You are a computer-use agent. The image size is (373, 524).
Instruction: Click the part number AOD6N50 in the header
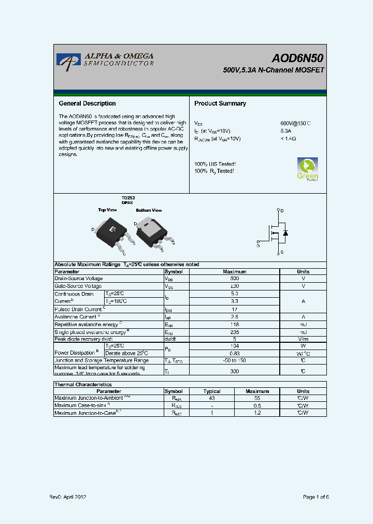click(x=298, y=59)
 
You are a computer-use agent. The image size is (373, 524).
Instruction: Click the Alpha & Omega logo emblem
click(x=66, y=60)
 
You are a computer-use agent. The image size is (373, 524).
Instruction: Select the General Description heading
click(x=87, y=104)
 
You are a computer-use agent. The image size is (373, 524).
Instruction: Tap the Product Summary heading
click(x=220, y=104)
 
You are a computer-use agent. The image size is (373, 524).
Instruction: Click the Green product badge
click(x=307, y=169)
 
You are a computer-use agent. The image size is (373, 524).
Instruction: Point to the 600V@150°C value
click(x=295, y=123)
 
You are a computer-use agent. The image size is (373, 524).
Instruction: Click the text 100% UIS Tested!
click(x=214, y=164)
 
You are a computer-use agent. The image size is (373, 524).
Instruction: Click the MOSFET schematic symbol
click(x=275, y=232)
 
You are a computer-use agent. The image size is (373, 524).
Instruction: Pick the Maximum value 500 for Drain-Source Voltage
click(x=234, y=279)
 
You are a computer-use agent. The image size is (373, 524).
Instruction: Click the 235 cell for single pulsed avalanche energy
click(x=234, y=331)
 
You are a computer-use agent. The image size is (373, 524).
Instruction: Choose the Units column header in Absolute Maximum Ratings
click(x=303, y=271)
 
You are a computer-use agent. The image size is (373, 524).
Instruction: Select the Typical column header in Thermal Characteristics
click(x=212, y=391)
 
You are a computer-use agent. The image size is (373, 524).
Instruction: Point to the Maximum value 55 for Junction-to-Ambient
click(x=257, y=398)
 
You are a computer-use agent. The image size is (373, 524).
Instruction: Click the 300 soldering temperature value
click(x=234, y=371)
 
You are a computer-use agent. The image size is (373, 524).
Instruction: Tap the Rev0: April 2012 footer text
click(x=67, y=497)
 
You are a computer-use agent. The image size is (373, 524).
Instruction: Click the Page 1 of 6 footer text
click(x=315, y=497)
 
